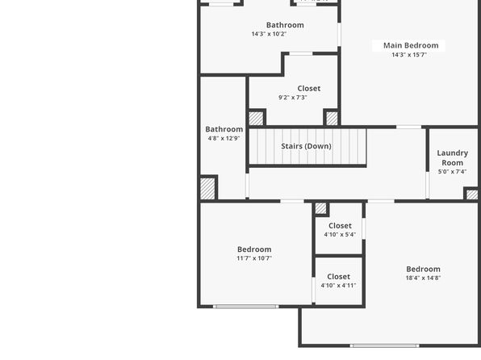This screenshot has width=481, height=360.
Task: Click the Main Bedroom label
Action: [x=411, y=45]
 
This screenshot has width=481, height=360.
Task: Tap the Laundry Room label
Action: [x=453, y=157]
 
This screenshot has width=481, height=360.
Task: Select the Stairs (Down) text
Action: [x=306, y=146]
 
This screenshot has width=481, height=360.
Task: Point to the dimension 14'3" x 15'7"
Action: [x=409, y=55]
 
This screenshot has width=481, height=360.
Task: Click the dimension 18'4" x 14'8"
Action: [x=423, y=278]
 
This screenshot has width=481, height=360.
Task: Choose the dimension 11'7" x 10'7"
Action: [x=254, y=258]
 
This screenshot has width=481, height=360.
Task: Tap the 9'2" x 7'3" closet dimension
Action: [x=293, y=98]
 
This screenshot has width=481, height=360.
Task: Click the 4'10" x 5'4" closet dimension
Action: [x=340, y=234]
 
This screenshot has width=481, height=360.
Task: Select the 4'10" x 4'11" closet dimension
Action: [x=338, y=286]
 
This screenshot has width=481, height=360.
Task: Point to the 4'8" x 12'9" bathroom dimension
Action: [x=224, y=138]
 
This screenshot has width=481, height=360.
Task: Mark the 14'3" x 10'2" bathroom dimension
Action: [x=269, y=34]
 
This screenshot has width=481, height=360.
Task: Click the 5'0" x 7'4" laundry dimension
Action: [x=452, y=172]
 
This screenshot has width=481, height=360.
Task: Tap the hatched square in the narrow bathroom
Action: [x=207, y=189]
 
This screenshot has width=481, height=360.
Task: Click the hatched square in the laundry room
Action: [x=472, y=195]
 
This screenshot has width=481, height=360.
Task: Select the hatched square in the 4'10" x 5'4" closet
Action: [x=320, y=208]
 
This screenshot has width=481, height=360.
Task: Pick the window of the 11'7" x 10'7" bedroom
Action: [x=245, y=306]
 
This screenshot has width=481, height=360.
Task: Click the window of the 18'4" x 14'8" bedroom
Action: [x=385, y=345]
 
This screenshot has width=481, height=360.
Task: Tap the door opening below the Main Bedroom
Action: [x=408, y=127]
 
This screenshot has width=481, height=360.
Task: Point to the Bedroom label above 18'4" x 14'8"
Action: [x=424, y=269]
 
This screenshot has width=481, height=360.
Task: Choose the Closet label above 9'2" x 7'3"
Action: [x=309, y=89]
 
